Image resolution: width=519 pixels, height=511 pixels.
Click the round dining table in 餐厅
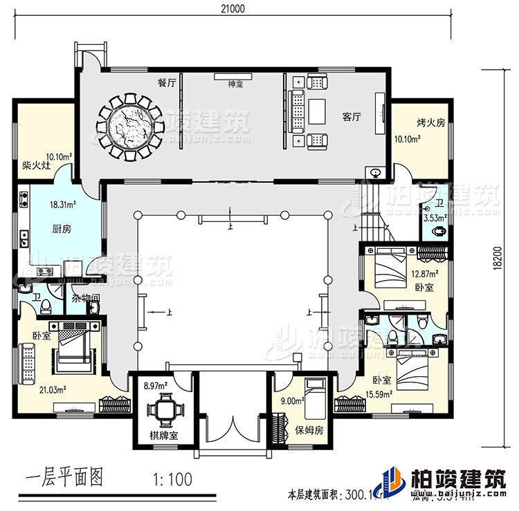129,127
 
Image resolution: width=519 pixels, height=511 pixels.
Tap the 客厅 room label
352,117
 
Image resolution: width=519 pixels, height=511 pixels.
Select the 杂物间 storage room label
85,299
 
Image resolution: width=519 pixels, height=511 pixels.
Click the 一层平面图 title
65,479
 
